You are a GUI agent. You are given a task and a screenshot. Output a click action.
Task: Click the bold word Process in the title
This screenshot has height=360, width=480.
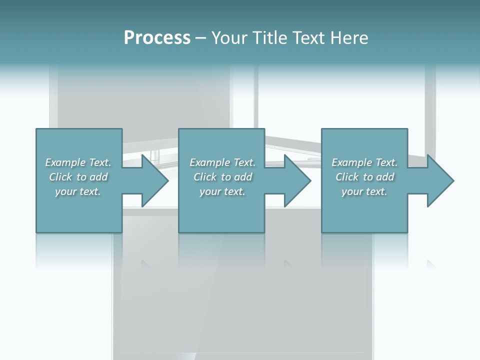point(157,38)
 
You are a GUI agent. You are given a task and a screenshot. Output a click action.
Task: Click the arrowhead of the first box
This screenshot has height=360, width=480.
point(155,180)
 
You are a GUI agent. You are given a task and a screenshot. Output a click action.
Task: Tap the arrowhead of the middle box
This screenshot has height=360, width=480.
point(297,180)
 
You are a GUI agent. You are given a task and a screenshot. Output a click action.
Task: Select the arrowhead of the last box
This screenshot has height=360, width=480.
point(440,180)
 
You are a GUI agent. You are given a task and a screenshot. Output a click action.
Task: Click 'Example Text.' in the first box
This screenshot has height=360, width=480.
point(78,162)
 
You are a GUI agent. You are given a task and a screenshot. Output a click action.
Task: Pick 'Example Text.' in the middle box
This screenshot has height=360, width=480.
point(222,162)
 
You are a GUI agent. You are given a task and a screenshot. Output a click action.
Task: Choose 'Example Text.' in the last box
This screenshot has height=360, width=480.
point(364,162)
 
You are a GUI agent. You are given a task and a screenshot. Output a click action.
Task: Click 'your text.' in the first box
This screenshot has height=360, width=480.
point(78,191)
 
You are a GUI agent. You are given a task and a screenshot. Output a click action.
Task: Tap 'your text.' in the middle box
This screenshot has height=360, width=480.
point(222,191)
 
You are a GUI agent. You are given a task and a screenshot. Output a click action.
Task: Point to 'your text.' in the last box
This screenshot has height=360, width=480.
point(364,191)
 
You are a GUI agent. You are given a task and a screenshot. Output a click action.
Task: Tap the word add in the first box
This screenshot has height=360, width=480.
point(99,177)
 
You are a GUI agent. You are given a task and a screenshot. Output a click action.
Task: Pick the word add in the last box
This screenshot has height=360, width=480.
point(385,177)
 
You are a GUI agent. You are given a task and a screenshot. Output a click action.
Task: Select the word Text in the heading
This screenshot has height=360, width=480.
point(308,38)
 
